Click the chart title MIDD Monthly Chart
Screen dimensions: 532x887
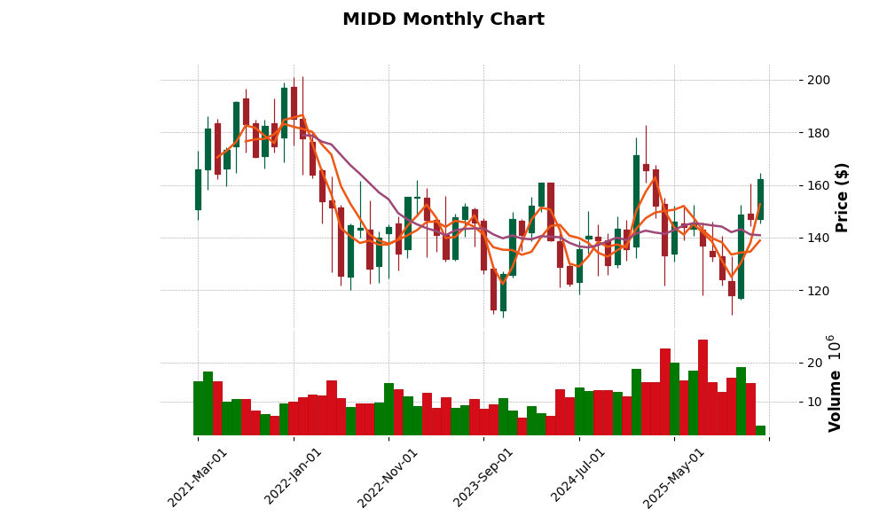(x=443, y=20)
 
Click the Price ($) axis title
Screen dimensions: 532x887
(x=842, y=197)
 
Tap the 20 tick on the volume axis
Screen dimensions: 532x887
(x=813, y=364)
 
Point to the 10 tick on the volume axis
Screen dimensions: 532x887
(x=813, y=402)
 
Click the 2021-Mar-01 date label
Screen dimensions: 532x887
(x=198, y=477)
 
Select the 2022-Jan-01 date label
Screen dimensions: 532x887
(x=294, y=477)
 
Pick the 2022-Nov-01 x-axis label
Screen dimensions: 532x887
(x=389, y=477)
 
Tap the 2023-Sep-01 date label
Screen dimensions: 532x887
(x=483, y=477)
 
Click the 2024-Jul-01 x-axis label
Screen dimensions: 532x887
(x=578, y=477)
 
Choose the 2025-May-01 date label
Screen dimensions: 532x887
(x=674, y=477)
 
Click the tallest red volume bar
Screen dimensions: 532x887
(x=703, y=387)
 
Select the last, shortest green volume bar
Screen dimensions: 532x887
(x=760, y=430)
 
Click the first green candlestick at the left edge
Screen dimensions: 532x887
(x=198, y=190)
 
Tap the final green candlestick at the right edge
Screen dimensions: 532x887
(x=760, y=199)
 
